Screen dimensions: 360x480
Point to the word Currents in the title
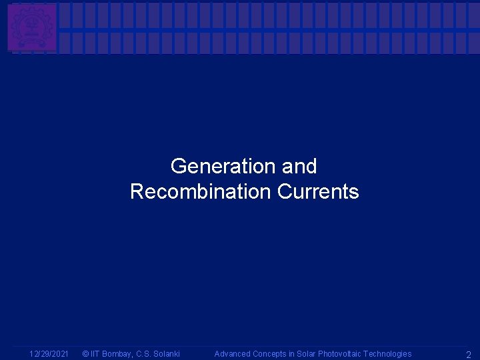point(318,192)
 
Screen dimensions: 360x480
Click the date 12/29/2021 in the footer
point(49,354)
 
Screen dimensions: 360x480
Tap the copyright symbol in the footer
point(85,354)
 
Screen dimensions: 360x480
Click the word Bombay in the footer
point(117,354)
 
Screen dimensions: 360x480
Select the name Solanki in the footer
point(167,354)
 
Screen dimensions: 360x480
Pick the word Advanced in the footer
point(231,354)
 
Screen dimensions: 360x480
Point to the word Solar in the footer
point(305,354)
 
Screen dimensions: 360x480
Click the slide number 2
point(468,355)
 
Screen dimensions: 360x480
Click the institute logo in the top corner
point(31,27)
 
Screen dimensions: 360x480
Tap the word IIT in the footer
point(95,354)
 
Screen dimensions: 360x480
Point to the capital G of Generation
point(178,166)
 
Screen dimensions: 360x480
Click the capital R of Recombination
point(137,192)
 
